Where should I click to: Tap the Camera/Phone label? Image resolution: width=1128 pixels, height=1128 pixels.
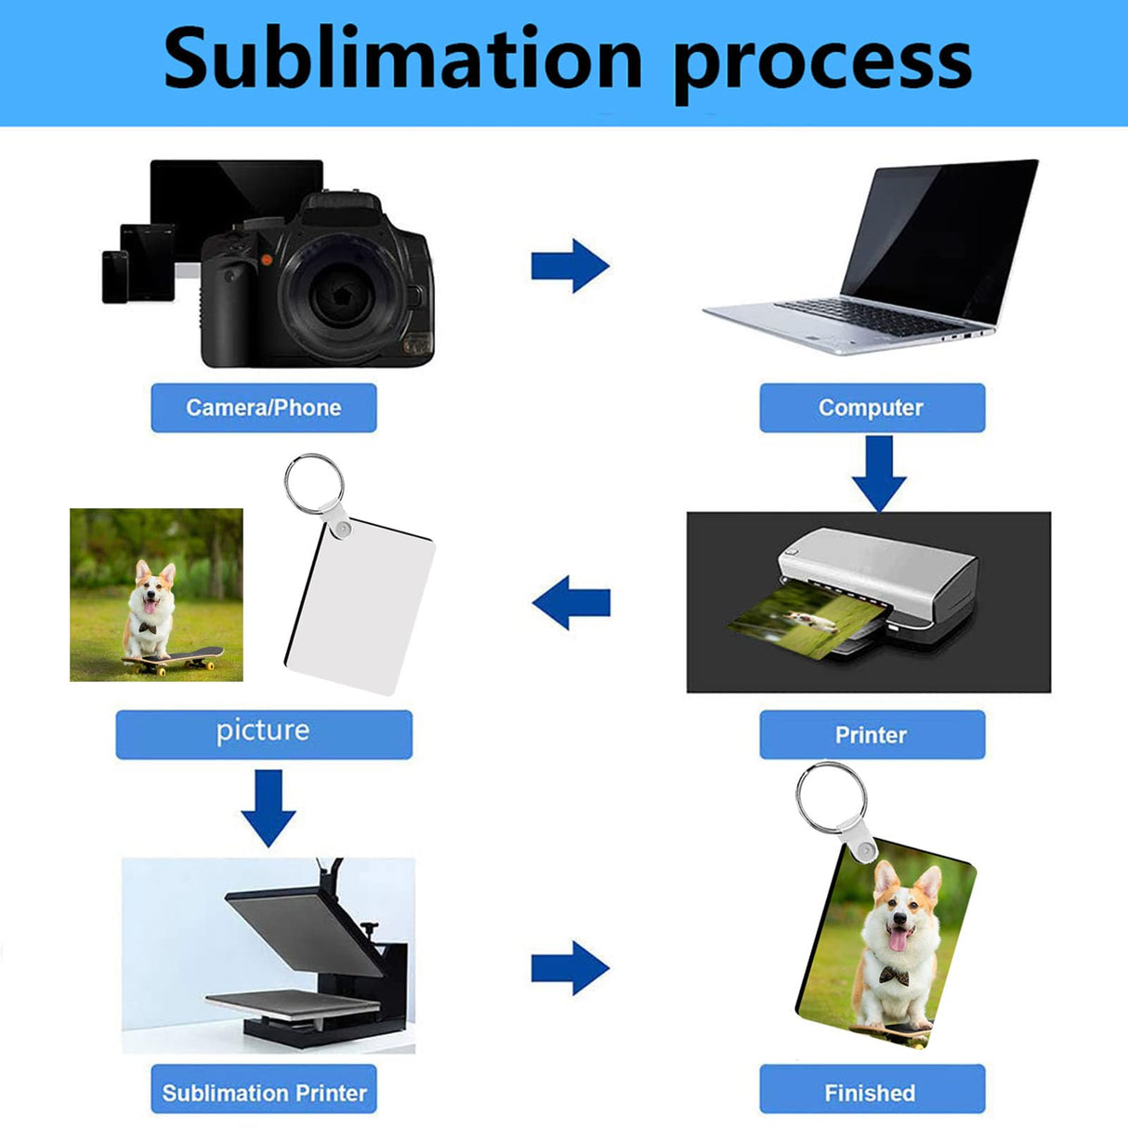tap(264, 408)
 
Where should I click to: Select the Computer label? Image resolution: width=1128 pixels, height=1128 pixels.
tap(872, 408)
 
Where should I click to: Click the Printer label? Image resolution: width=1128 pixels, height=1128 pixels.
tap(872, 735)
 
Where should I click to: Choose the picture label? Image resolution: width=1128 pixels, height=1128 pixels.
tap(263, 731)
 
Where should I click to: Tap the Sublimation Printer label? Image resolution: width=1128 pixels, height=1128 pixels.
tap(264, 1093)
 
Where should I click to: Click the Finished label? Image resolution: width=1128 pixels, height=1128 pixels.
tap(871, 1093)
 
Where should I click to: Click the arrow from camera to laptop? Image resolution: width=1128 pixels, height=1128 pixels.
tap(570, 266)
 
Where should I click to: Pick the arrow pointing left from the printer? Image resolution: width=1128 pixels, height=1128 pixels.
tap(571, 602)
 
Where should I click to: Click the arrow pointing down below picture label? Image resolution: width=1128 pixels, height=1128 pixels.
tap(269, 807)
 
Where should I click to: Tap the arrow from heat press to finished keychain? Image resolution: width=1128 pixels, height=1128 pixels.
tap(570, 967)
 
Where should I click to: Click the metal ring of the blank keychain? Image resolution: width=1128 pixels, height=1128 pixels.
tap(313, 484)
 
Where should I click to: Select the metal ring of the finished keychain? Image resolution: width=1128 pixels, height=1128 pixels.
tap(831, 797)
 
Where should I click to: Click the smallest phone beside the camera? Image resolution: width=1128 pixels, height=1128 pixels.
tap(114, 276)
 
